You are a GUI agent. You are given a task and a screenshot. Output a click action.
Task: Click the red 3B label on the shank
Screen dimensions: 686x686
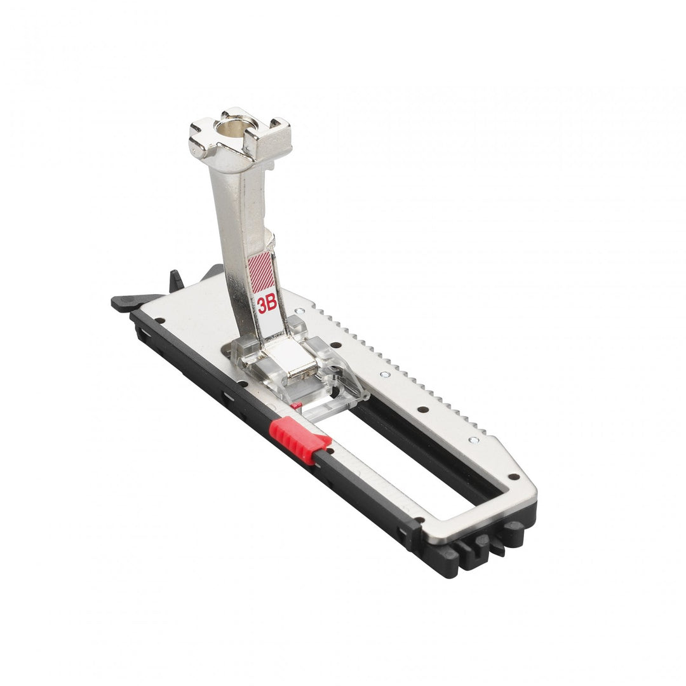[x=267, y=305]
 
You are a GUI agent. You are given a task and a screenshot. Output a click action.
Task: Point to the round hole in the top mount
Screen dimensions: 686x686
[x=237, y=128]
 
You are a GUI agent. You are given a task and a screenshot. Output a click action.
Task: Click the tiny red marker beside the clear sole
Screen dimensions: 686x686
[x=295, y=404]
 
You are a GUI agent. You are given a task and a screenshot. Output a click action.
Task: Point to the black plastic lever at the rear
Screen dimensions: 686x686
[x=130, y=302]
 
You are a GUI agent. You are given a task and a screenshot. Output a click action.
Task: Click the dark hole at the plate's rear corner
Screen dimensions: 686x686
[x=159, y=321]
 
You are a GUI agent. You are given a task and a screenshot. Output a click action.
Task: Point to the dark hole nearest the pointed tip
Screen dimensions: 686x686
[x=512, y=476]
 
